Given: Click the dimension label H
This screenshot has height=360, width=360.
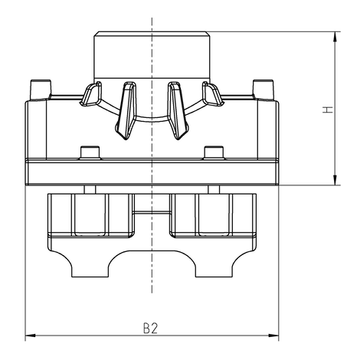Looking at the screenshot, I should (x=327, y=110).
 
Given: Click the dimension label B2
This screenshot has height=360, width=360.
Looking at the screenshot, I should (x=150, y=328).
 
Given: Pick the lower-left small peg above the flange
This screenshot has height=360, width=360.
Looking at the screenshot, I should (x=89, y=152).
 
